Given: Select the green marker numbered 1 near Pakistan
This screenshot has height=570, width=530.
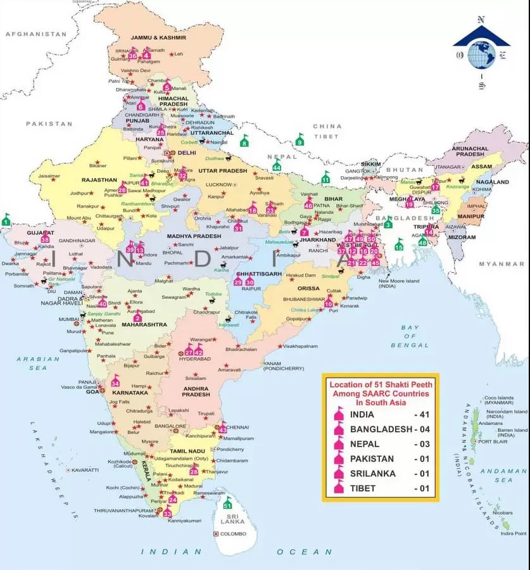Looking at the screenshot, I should pyautogui.click(x=6, y=220).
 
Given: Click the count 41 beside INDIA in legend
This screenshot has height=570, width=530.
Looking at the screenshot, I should pyautogui.click(x=422, y=414).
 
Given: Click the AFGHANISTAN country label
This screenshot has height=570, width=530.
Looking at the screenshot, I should pyautogui.click(x=35, y=34).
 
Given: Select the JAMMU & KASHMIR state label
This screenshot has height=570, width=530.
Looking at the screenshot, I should pyautogui.click(x=158, y=37).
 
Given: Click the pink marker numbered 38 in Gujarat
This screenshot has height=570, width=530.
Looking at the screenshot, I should pyautogui.click(x=45, y=237).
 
